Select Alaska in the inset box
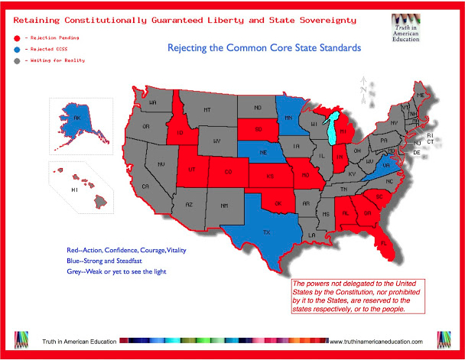click(x=76, y=120)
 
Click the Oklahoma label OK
click(x=277, y=203)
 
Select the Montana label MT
click(x=206, y=110)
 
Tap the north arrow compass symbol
click(x=364, y=89)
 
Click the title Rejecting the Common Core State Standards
click(x=264, y=48)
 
